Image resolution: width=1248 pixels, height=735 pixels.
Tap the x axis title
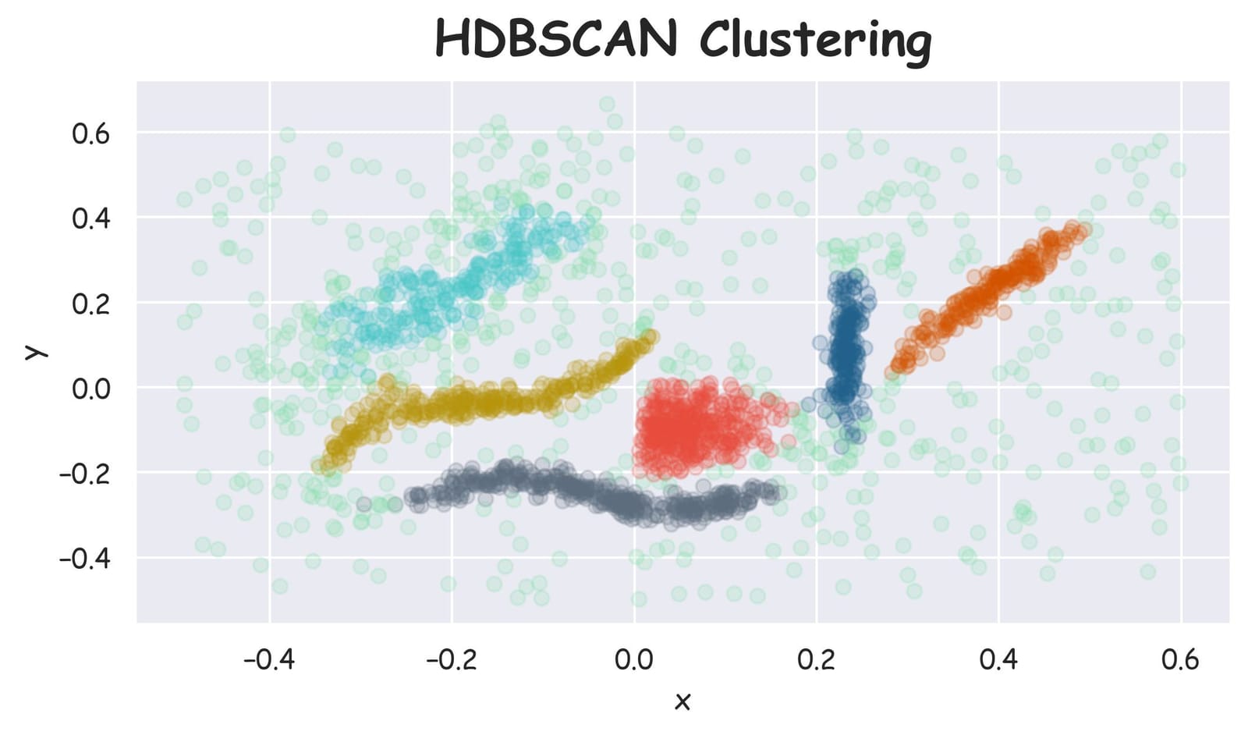pos(682,701)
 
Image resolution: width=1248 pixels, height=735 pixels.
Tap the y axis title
pos(33,352)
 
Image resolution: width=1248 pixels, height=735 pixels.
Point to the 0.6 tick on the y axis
pos(90,133)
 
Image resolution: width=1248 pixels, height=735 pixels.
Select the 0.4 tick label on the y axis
pos(90,218)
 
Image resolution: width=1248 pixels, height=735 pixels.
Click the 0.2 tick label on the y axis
pos(90,303)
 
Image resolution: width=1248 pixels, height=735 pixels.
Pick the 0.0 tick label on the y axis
pos(90,388)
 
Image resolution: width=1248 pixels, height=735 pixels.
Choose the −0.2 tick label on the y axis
pos(84,473)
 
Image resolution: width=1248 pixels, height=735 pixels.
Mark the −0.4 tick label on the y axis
pos(84,558)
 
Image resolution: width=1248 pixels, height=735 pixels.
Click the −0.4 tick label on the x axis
pos(269,660)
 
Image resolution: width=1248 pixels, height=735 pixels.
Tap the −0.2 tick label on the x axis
pos(452,660)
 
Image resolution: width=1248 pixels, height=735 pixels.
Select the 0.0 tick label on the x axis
pos(633,660)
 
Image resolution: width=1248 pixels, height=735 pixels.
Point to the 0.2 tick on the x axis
pos(816,660)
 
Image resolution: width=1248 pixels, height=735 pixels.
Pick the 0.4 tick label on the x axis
pos(998,660)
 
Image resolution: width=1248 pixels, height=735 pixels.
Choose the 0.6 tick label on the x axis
pos(1180,660)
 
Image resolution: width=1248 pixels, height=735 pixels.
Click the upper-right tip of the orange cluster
pos(1083,229)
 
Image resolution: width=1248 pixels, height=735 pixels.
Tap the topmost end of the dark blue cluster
pos(855,275)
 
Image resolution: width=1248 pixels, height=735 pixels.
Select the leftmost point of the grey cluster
pos(363,504)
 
